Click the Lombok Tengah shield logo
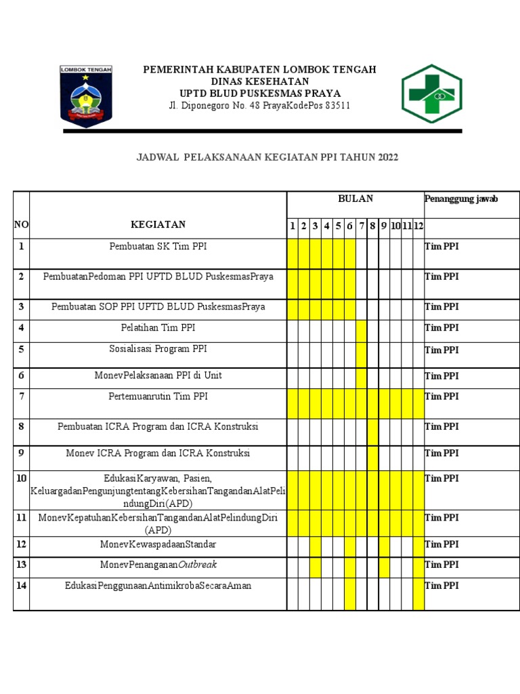tap(86, 96)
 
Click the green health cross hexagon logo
tap(431, 94)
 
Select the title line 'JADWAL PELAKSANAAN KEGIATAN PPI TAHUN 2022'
tap(267, 157)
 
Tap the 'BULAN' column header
tap(355, 199)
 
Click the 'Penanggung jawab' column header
tap(461, 199)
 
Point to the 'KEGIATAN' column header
tap(158, 225)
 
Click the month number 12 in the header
tap(418, 226)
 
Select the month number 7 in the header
tap(362, 226)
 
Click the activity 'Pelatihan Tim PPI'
tap(158, 328)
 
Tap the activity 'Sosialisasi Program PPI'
tap(158, 349)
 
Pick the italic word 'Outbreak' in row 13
tap(197, 565)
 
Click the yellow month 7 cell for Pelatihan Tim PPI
tap(362, 331)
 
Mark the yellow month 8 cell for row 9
tap(372, 457)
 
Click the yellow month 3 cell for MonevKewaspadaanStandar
tap(316, 547)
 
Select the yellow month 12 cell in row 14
tap(418, 594)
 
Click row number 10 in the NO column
tap(21, 478)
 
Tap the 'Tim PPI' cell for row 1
tap(441, 247)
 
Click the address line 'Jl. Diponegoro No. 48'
tap(259, 106)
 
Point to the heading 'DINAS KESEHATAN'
tap(259, 81)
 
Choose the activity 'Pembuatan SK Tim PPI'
tap(158, 247)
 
